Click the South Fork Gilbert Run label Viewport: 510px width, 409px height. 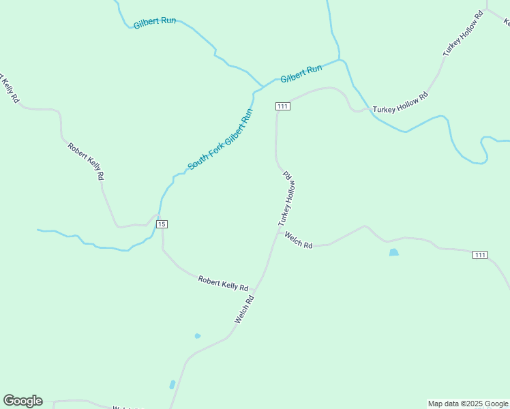pos(220,140)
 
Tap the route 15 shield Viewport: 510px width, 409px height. pos(161,224)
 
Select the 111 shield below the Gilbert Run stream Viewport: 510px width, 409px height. pos(283,106)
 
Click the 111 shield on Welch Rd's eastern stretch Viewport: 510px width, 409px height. pos(480,255)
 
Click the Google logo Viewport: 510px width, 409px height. pos(22,401)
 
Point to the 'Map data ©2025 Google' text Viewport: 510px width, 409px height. pos(468,404)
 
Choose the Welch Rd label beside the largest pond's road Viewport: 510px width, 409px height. pos(299,241)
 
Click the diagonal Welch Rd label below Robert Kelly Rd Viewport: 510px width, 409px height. pos(244,309)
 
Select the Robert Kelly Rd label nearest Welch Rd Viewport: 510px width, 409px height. pos(223,282)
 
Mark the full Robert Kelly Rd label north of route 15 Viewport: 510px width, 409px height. pos(87,161)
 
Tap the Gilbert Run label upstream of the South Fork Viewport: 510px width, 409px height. pos(155,22)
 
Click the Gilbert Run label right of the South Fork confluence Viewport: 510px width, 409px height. pos(301,74)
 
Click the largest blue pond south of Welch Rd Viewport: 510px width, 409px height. pos(393,253)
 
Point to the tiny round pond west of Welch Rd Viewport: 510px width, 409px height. pos(197,336)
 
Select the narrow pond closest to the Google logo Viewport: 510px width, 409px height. pos(172,385)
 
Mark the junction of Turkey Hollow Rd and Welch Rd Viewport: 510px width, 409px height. pos(279,231)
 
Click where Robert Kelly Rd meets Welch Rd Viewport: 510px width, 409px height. pos(256,288)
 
